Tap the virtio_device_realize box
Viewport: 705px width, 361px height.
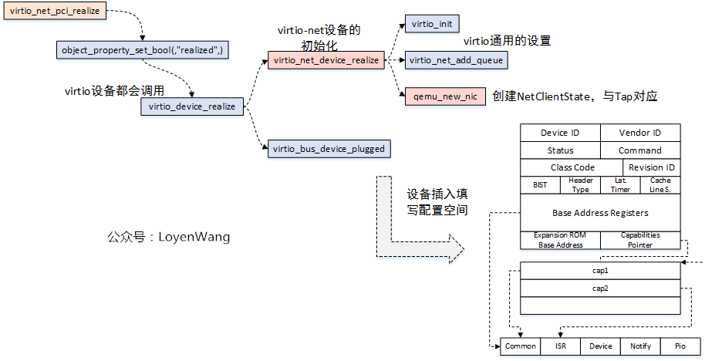click(192, 106)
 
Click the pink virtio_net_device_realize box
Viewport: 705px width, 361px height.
click(326, 60)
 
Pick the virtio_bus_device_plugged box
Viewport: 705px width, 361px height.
click(327, 148)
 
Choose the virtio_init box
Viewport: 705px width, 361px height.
click(433, 24)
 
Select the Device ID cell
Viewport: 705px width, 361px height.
click(560, 133)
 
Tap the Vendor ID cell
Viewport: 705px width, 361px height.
click(640, 133)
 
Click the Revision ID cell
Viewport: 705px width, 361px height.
click(651, 167)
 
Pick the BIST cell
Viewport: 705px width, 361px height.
click(540, 185)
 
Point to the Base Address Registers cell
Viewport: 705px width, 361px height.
click(600, 213)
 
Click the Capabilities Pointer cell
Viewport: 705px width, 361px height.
click(640, 240)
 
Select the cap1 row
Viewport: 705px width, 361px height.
click(600, 272)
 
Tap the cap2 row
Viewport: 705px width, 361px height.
click(600, 288)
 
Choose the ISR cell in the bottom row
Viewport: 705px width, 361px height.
click(560, 346)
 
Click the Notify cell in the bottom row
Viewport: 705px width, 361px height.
click(640, 346)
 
